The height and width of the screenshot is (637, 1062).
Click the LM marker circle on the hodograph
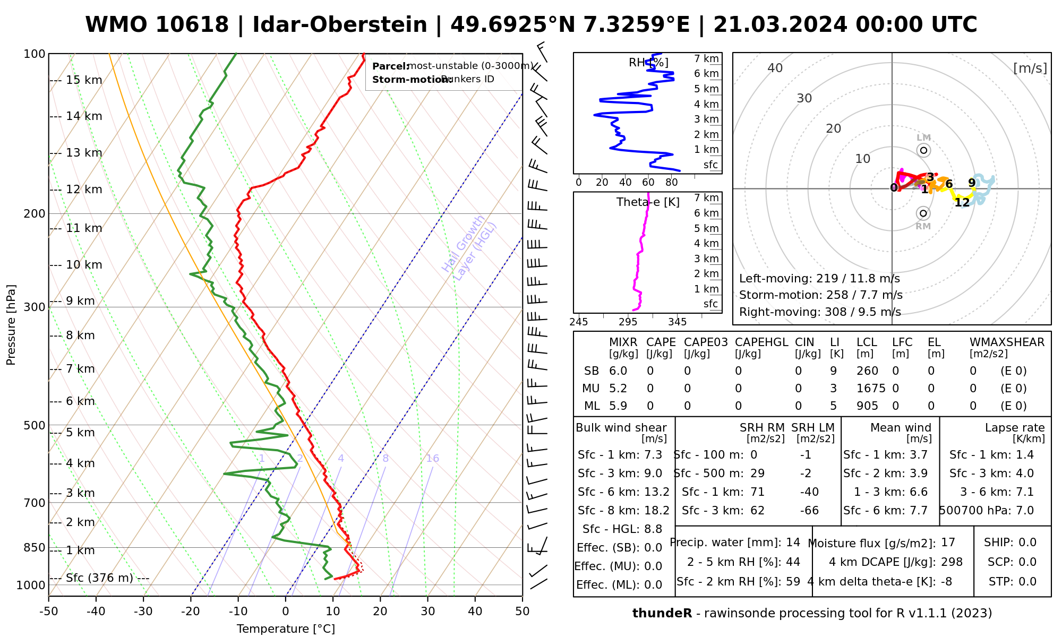pyautogui.click(x=923, y=150)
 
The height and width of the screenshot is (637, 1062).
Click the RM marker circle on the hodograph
pyautogui.click(x=923, y=213)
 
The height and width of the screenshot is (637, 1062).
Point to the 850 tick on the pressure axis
pyautogui.click(x=35, y=547)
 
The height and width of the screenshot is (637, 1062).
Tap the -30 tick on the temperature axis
pyautogui.click(x=143, y=612)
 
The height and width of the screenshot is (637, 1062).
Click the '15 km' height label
pyautogui.click(x=84, y=80)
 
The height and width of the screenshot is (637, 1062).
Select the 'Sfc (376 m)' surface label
pyautogui.click(x=99, y=578)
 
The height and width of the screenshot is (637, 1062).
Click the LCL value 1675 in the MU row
pyautogui.click(x=871, y=389)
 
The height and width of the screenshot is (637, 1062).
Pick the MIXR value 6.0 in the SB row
pyautogui.click(x=618, y=371)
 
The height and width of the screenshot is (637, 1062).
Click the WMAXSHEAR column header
pyautogui.click(x=1007, y=342)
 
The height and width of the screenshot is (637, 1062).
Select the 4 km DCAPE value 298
pyautogui.click(x=952, y=562)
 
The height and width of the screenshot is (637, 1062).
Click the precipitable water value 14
pyautogui.click(x=793, y=543)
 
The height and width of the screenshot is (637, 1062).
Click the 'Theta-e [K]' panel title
pyautogui.click(x=648, y=202)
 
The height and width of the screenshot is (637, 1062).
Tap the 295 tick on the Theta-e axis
pyautogui.click(x=628, y=322)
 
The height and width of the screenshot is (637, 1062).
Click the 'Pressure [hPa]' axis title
pyautogui.click(x=11, y=325)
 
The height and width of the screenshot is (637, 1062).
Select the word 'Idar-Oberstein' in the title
pyautogui.click(x=340, y=25)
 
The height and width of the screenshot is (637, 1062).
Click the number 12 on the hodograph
pyautogui.click(x=962, y=202)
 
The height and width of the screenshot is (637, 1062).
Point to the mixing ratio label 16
pyautogui.click(x=432, y=459)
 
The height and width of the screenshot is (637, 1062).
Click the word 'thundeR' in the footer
pyautogui.click(x=662, y=614)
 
